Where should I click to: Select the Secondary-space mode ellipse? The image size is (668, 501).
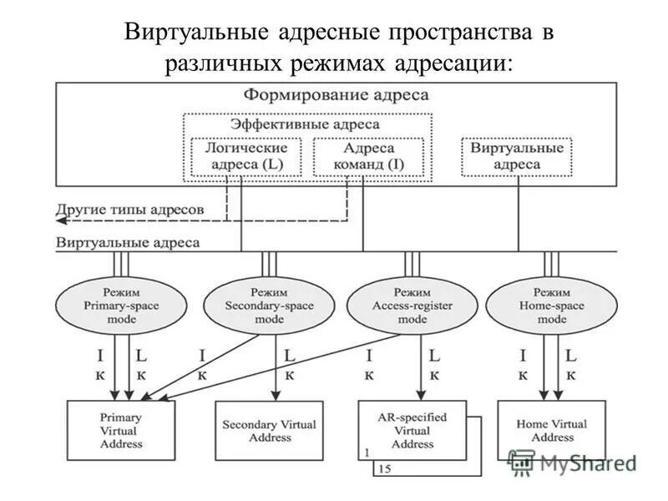click(x=268, y=305)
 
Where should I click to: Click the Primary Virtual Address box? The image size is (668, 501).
click(x=120, y=430)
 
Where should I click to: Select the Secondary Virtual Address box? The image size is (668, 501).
click(x=269, y=430)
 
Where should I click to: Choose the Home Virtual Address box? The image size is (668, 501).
click(x=551, y=430)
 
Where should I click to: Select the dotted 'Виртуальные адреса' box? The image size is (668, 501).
click(x=517, y=156)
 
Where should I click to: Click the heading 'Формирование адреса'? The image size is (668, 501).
click(x=336, y=95)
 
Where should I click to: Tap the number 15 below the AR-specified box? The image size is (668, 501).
click(x=385, y=469)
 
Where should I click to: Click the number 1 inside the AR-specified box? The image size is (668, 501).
click(x=366, y=452)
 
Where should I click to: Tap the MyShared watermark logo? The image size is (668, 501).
click(x=572, y=462)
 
